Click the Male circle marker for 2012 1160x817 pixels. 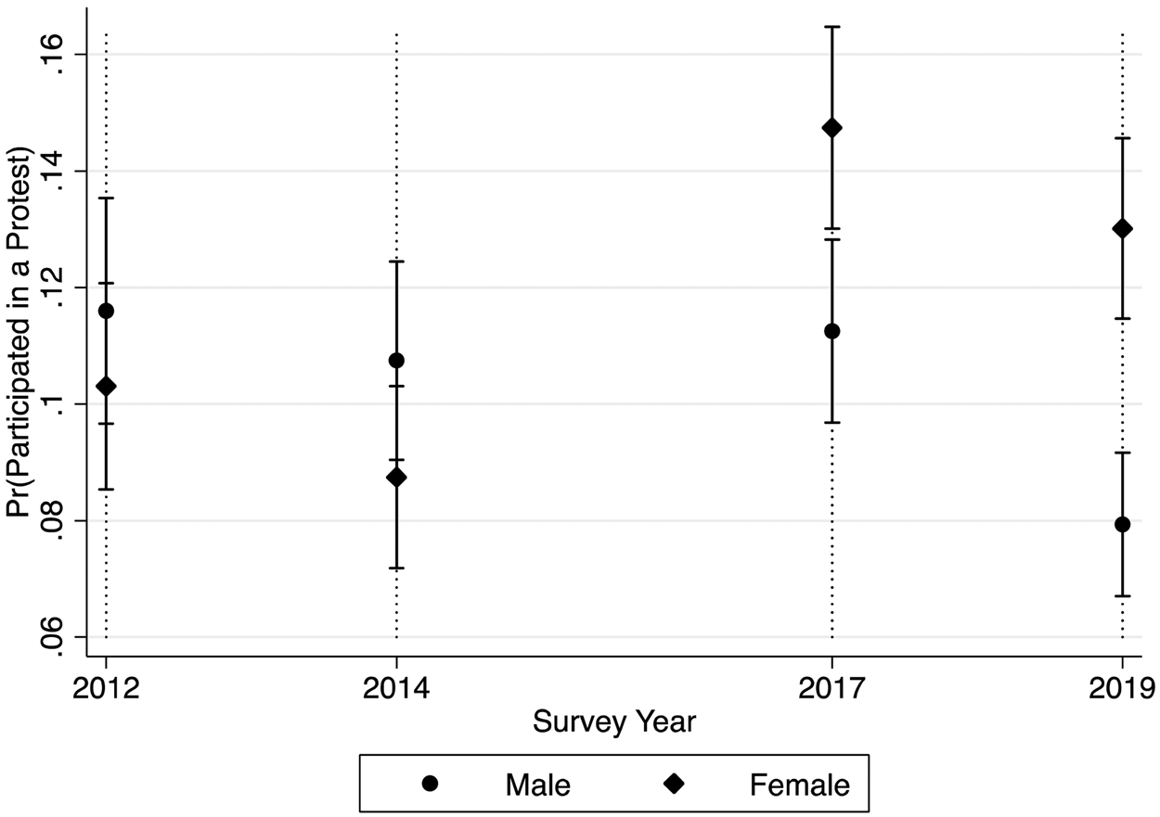106,311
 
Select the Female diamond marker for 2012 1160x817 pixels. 106,386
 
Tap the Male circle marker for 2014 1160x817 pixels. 396,360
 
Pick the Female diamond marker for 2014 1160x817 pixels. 396,478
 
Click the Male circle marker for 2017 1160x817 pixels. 831,331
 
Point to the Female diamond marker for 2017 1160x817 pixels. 831,128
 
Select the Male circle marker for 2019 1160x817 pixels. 1123,524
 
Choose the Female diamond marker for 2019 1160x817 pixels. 1123,229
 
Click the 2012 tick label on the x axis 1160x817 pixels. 106,688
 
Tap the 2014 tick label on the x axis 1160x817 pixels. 396,688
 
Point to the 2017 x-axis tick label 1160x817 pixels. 831,688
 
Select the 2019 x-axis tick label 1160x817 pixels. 1121,688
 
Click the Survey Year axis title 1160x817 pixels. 613,721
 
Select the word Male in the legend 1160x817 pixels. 537,785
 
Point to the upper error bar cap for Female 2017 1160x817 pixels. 831,27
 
